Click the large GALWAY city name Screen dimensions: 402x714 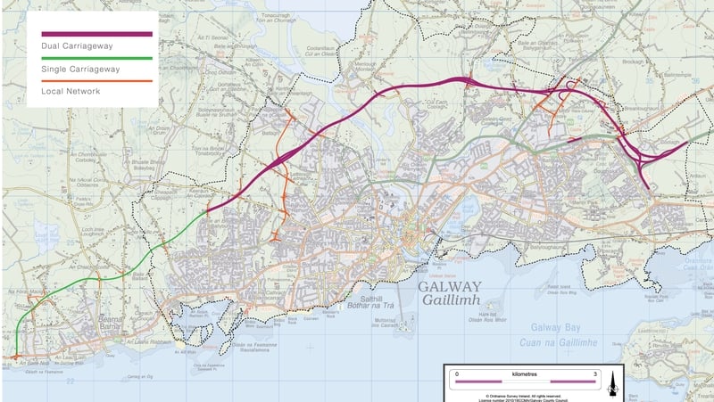click(450, 287)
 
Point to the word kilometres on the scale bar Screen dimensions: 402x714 click(525, 373)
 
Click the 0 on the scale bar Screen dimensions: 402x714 click(456, 373)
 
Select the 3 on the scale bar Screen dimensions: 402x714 click(594, 373)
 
